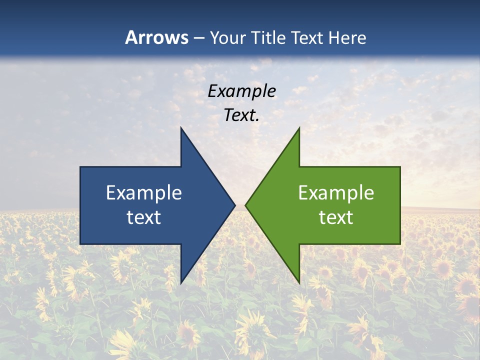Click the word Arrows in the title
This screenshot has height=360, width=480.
tap(157, 37)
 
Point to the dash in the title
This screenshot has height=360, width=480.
tap(198, 38)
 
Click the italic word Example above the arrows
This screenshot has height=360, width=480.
tap(242, 91)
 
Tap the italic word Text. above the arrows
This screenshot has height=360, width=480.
tap(242, 115)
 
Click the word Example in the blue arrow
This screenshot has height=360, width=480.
tap(144, 193)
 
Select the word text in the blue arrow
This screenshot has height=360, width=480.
tap(144, 217)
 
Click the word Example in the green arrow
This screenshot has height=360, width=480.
tap(336, 193)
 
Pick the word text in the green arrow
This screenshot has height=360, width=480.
tap(336, 217)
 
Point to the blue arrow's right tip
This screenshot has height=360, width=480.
tap(235, 205)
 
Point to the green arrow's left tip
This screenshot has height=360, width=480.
tap(245, 205)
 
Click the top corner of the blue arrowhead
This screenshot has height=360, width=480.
tap(181, 128)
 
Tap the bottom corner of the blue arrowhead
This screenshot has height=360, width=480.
tap(181, 283)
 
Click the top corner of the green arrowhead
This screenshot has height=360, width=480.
tap(299, 128)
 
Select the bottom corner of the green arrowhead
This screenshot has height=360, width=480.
tap(299, 283)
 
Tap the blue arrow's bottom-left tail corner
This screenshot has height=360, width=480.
tap(80, 244)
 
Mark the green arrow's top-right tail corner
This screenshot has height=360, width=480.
tap(400, 167)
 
